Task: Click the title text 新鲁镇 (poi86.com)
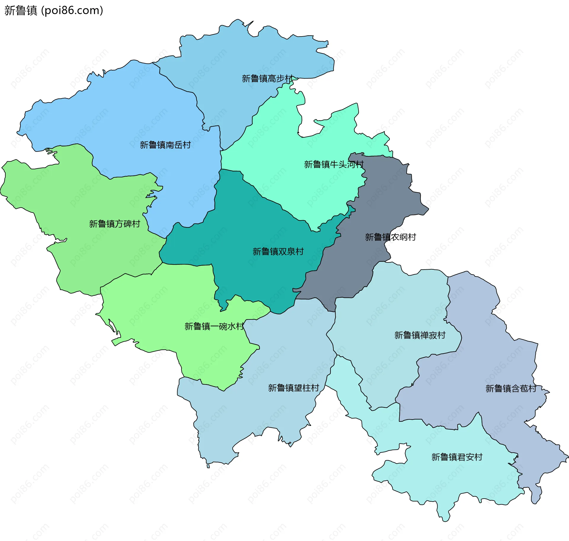tap(54, 10)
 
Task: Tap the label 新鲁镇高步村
tap(267, 79)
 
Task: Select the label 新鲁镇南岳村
tap(165, 145)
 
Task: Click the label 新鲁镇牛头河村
tap(334, 164)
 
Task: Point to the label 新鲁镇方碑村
tap(114, 224)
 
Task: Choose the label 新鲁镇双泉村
tap(278, 252)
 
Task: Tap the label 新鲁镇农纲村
tap(390, 237)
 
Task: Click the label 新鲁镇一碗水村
tap(214, 327)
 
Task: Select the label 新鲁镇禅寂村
tap(420, 335)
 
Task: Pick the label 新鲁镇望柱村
tap(293, 388)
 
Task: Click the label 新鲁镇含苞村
tap(511, 389)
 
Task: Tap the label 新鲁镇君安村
tap(457, 457)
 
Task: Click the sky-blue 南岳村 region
tap(133, 113)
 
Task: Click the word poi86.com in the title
tap(72, 10)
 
